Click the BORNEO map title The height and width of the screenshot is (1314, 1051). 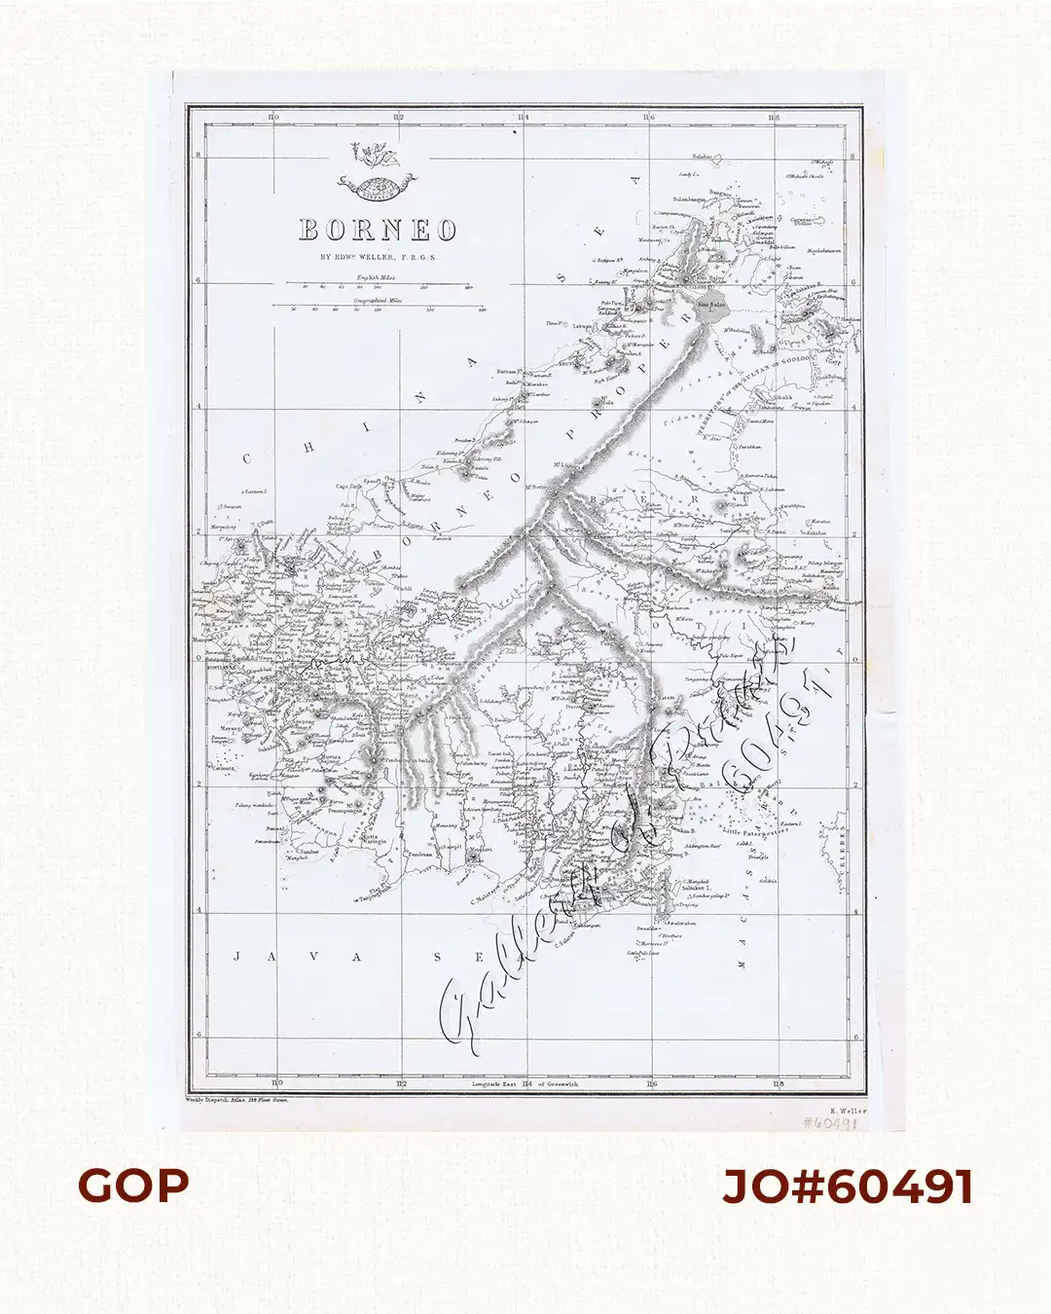378,230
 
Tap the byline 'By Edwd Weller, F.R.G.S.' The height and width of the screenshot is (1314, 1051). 379,258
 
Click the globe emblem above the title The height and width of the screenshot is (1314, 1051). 375,182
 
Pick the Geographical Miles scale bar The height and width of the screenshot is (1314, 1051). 386,309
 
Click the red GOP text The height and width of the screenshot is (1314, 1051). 133,1186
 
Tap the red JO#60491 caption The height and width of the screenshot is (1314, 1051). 848,1186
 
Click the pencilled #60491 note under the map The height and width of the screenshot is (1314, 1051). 829,1123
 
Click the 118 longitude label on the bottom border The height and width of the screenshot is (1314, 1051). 776,1083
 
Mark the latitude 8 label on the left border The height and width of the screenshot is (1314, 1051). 198,156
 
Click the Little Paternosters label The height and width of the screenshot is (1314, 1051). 755,832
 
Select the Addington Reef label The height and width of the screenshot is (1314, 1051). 703,846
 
